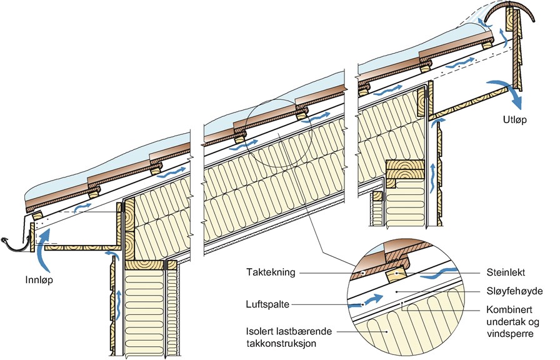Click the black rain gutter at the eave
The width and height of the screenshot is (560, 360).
pyautogui.click(x=16, y=242)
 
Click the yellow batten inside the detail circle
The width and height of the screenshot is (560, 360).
pyautogui.click(x=397, y=272)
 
